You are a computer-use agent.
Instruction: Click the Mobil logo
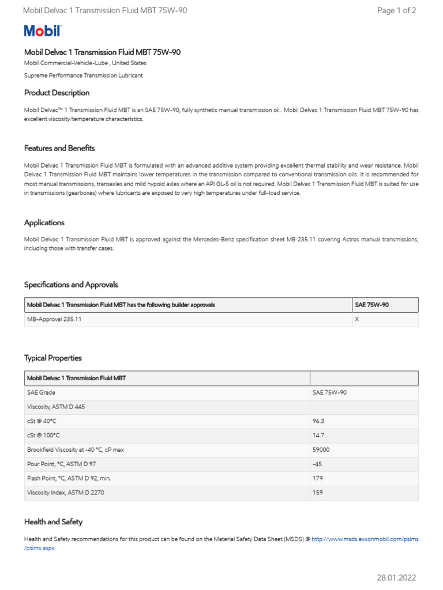pos(42,31)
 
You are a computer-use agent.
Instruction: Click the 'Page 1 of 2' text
pos(396,10)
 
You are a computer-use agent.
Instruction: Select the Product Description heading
pos(57,93)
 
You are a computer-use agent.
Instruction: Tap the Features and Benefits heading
pos(59,148)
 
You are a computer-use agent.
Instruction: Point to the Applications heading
pos(44,222)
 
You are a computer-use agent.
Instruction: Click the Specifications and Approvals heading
pos(71,285)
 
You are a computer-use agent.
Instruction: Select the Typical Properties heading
pos(53,358)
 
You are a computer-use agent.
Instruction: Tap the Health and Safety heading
pos(53,522)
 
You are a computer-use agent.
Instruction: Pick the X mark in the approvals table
pos(356,319)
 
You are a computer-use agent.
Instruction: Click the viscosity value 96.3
pos(318,421)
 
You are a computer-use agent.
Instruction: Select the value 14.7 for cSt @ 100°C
pos(318,436)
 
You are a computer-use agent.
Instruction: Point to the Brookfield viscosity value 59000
pos(321,449)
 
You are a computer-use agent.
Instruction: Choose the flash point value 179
pos(318,478)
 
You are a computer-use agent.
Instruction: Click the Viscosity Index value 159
pos(318,493)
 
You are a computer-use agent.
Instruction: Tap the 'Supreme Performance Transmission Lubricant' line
pos(83,75)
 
